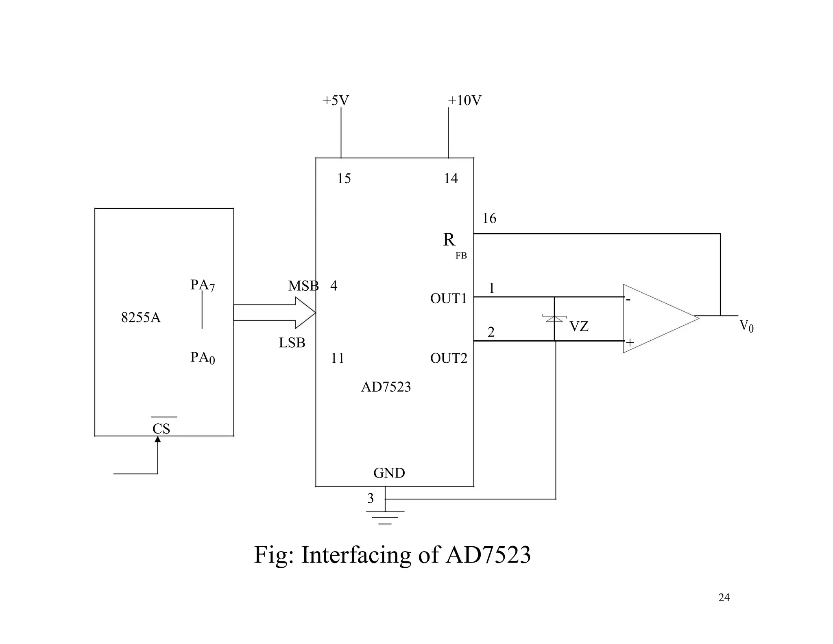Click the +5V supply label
click(x=336, y=101)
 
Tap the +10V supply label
click(x=464, y=101)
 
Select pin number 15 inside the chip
click(x=344, y=179)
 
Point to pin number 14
click(x=451, y=179)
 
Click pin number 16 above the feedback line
click(x=489, y=219)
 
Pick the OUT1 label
click(x=449, y=299)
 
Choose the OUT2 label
click(x=449, y=358)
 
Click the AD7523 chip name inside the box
click(x=386, y=387)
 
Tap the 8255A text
click(x=141, y=318)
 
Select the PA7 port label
click(x=202, y=285)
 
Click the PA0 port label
click(x=202, y=358)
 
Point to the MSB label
click(x=303, y=286)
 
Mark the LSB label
click(x=292, y=343)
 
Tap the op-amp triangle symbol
click(x=655, y=319)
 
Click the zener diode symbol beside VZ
click(x=554, y=318)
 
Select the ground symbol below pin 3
click(x=385, y=517)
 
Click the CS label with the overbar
click(x=161, y=428)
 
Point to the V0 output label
click(x=746, y=326)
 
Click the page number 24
click(x=724, y=598)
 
